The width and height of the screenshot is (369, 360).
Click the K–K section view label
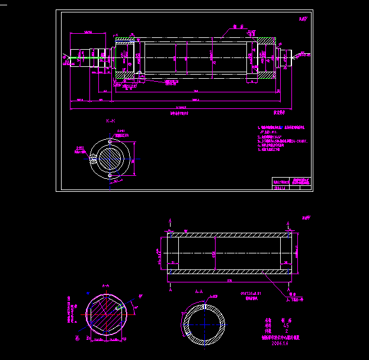[x=111, y=121]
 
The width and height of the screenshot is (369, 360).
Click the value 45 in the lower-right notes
[x=286, y=325]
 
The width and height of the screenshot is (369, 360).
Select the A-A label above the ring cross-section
[x=199, y=292]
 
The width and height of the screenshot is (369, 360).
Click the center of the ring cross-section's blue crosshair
[x=204, y=326]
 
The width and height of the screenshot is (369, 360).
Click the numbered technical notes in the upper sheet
[x=282, y=139]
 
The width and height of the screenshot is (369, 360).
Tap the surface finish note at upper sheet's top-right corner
[x=303, y=19]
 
